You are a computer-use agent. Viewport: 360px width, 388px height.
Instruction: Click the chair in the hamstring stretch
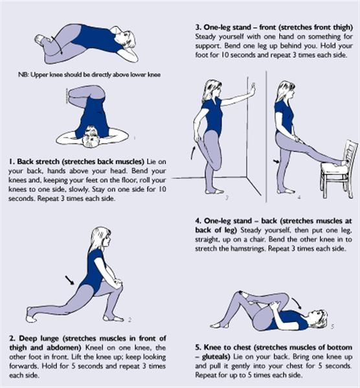pyautogui.click(x=339, y=171)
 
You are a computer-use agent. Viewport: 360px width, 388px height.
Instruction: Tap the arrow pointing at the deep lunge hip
pyautogui.click(x=70, y=280)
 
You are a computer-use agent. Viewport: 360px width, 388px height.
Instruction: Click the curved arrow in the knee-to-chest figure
pyautogui.click(x=297, y=303)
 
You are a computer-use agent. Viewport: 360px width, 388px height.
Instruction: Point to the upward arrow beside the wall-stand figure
pyautogui.click(x=193, y=153)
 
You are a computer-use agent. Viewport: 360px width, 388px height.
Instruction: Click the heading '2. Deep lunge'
pyautogui.click(x=34, y=338)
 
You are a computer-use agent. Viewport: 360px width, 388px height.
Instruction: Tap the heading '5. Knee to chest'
pyautogui.click(x=223, y=347)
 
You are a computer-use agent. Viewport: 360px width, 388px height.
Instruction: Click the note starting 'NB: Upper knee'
pyautogui.click(x=89, y=74)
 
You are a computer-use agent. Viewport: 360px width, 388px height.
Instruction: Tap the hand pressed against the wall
pyautogui.click(x=253, y=90)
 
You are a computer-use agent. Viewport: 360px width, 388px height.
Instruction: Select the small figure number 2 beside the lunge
pyautogui.click(x=129, y=320)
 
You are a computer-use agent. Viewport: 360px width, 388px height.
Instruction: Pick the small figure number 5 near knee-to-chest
pyautogui.click(x=333, y=327)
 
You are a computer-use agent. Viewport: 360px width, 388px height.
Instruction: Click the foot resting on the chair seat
pyautogui.click(x=341, y=162)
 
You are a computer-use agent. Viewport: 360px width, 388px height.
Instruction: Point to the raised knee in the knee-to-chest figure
pyautogui.click(x=240, y=294)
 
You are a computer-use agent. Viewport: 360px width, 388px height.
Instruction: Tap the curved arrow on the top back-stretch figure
pyautogui.click(x=58, y=45)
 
